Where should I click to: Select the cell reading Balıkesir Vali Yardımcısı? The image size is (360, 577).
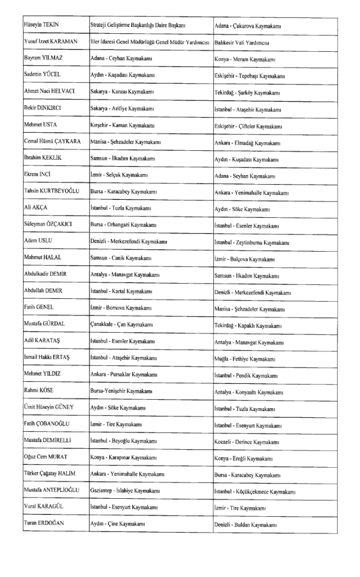click(242, 42)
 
